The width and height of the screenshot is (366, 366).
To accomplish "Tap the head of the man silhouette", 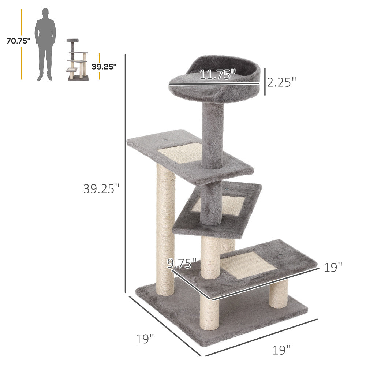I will pyautogui.click(x=45, y=13).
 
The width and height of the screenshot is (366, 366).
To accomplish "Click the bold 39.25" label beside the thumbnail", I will pyautogui.click(x=104, y=67).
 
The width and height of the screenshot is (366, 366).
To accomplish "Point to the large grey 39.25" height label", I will pyautogui.click(x=101, y=188).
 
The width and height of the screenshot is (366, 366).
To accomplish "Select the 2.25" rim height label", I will pyautogui.click(x=281, y=82).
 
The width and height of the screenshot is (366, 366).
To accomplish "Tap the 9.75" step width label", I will pyautogui.click(x=182, y=263).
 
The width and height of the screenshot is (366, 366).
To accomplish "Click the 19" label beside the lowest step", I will pyautogui.click(x=333, y=268).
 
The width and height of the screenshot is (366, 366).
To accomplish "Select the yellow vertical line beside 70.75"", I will pyautogui.click(x=21, y=44).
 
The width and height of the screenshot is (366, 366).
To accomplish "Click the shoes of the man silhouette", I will pyautogui.click(x=45, y=78).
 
